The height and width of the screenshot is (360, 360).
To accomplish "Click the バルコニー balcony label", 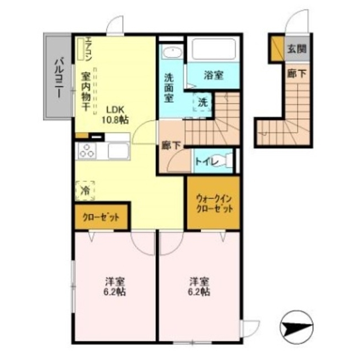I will pos(58,78).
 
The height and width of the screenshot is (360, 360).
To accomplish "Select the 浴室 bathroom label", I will pos(214,73).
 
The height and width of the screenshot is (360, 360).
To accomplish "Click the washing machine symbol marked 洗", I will pos(202,103).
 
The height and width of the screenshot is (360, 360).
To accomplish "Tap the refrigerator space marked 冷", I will pos(86,190).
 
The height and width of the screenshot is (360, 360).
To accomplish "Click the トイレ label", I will pos(205,161).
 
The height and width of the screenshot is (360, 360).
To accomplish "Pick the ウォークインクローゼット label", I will pos(213,202).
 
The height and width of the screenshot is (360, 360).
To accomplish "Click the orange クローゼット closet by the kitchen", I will pos(101,218).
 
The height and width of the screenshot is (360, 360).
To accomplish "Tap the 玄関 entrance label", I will pos(297,49).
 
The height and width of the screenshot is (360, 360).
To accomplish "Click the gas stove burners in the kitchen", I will pos(88,151).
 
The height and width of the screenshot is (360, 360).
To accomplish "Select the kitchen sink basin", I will pos(118,150).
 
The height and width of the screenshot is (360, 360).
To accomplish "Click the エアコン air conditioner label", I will pos(88,49).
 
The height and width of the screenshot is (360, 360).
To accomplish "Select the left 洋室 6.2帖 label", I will pos(114,286).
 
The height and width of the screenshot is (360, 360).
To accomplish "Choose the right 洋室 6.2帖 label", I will pos(199,286).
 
